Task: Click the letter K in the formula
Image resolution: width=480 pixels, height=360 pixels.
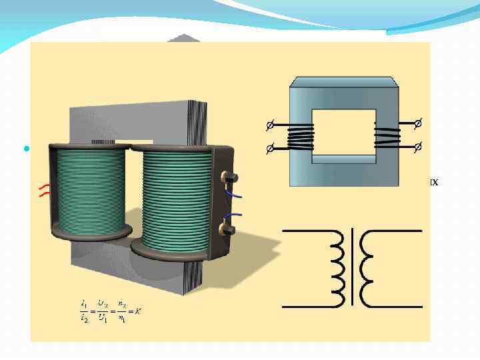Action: (x=137, y=311)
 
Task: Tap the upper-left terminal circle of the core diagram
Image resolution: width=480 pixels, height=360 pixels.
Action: (x=269, y=125)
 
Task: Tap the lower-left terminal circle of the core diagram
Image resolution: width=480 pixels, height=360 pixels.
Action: (x=269, y=148)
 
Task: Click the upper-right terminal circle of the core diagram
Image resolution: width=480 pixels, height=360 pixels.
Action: (x=418, y=123)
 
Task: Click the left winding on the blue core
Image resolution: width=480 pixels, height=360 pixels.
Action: (x=300, y=137)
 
